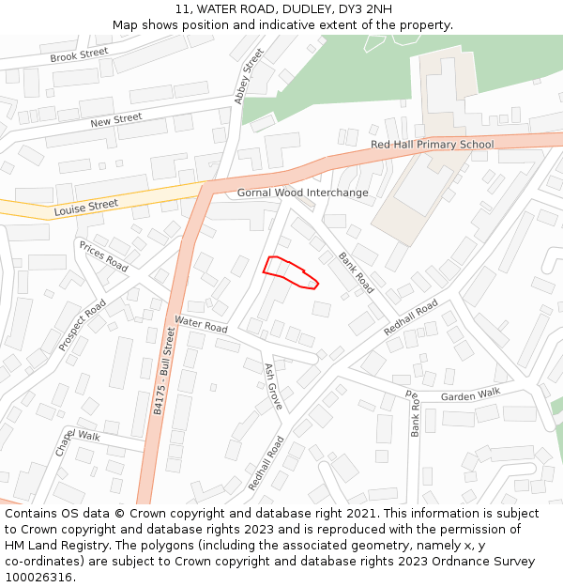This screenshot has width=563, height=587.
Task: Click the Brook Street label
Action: click(x=79, y=55)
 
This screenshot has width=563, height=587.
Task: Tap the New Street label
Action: click(x=115, y=121)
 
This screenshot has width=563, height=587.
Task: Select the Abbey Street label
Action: click(x=251, y=76)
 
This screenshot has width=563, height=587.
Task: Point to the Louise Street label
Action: click(x=85, y=206)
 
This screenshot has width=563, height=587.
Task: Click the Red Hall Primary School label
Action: click(x=432, y=145)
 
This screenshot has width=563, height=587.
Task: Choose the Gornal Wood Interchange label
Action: click(x=302, y=193)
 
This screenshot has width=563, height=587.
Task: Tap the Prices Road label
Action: click(x=103, y=256)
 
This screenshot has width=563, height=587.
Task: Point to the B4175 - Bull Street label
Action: click(x=164, y=371)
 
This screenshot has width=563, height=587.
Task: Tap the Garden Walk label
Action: click(x=470, y=394)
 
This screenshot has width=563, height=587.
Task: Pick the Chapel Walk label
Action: click(x=77, y=437)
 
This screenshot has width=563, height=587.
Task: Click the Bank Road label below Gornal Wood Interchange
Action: click(x=356, y=272)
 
